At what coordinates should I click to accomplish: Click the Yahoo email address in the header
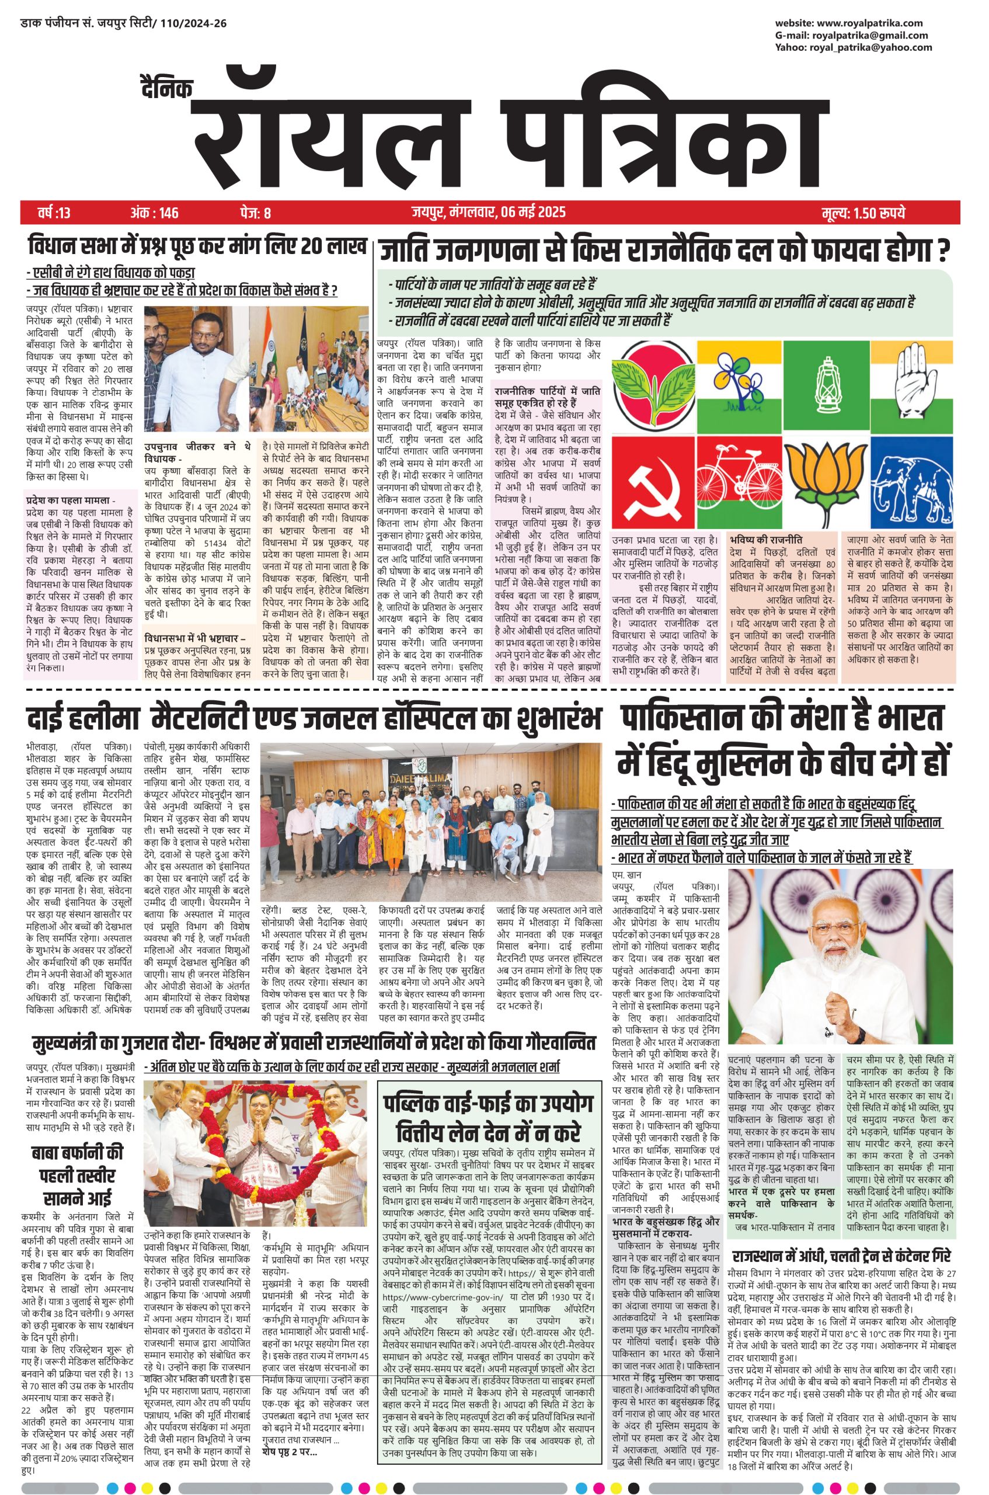(870, 47)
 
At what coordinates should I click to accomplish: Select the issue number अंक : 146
(155, 213)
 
